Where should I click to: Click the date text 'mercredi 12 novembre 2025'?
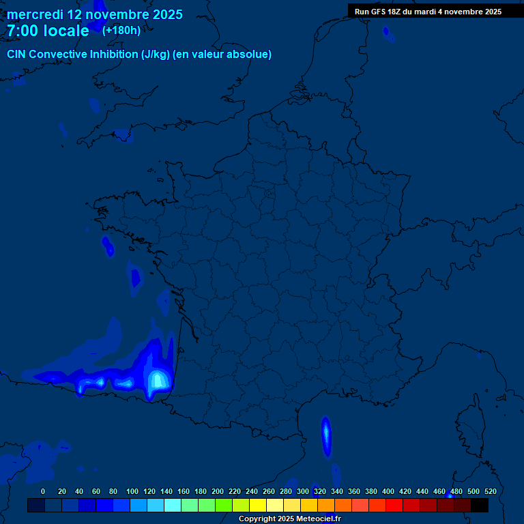(x=94, y=14)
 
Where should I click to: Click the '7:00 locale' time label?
(x=48, y=31)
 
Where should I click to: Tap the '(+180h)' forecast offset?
(x=121, y=30)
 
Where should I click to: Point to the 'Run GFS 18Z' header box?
(x=428, y=12)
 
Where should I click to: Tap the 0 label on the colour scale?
(x=43, y=491)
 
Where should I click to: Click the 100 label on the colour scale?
(x=132, y=491)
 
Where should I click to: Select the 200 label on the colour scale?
(x=218, y=491)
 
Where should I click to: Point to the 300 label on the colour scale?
(x=303, y=491)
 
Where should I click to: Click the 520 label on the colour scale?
(x=490, y=491)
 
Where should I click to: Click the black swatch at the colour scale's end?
(x=480, y=506)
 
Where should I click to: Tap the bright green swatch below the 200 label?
(x=224, y=506)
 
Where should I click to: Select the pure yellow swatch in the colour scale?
(x=258, y=506)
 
